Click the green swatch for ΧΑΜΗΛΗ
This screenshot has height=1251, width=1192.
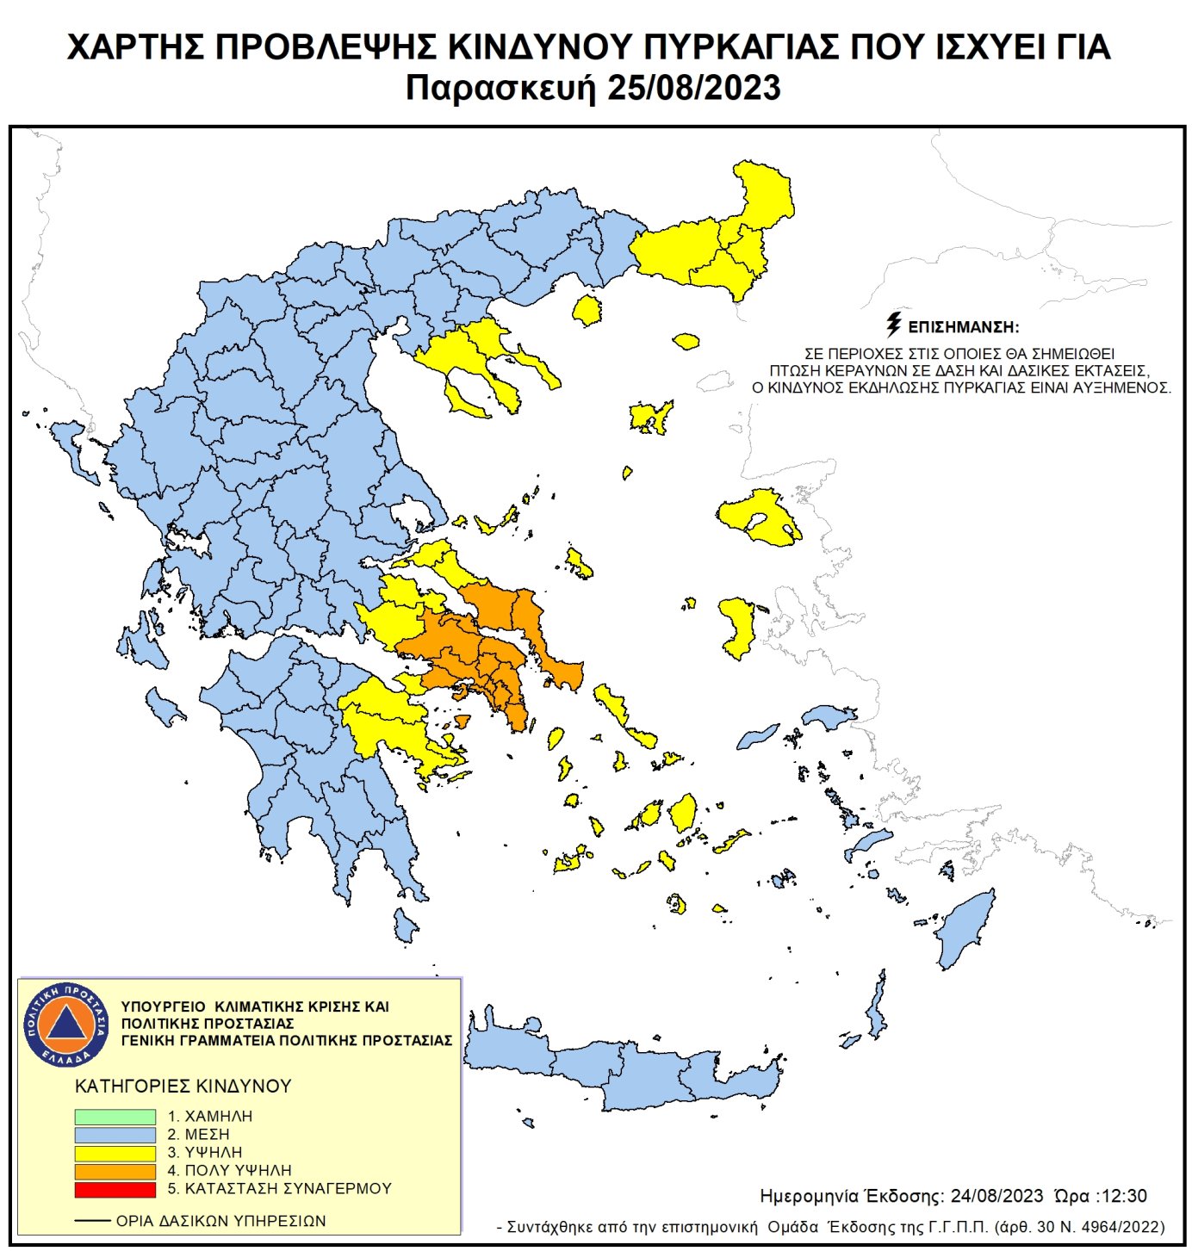[x=115, y=1116]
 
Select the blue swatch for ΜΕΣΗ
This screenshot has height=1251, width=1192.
[x=115, y=1135]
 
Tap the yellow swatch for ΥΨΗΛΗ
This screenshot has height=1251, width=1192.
[x=115, y=1153]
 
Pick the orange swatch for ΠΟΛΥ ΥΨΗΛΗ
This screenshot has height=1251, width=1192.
[x=115, y=1171]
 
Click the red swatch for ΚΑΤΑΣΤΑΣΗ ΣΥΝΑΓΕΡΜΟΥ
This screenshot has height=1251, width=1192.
[x=115, y=1189]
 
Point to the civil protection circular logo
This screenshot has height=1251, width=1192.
[x=66, y=1024]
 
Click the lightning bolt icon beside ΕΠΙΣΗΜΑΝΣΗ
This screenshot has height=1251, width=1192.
[x=894, y=325]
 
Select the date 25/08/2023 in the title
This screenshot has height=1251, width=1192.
[x=693, y=88]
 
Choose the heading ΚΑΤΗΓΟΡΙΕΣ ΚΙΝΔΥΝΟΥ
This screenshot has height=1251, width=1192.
[x=183, y=1086]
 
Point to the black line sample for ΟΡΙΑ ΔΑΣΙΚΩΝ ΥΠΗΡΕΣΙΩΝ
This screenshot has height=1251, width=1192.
[x=92, y=1221]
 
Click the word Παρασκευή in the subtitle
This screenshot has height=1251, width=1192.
[x=500, y=88]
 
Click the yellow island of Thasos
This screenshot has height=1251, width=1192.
[x=587, y=310]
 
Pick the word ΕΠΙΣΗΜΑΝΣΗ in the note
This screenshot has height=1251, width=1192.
[x=963, y=327]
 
